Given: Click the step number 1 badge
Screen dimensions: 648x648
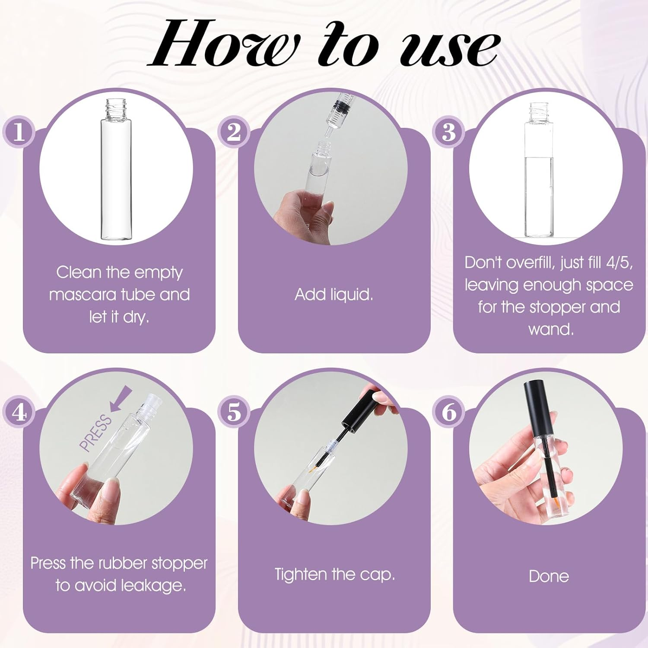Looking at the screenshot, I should (18, 132).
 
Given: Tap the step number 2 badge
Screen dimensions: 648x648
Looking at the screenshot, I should (233, 132).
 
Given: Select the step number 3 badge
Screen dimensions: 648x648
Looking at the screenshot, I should (449, 132).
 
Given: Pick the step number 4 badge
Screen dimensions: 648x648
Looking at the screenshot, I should (18, 413).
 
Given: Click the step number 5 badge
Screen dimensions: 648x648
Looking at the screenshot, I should (233, 413).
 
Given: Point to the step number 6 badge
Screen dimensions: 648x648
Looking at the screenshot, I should (449, 413).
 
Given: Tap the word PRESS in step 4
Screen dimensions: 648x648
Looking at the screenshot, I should (96, 432).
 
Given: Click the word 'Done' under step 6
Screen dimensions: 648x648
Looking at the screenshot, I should (549, 576).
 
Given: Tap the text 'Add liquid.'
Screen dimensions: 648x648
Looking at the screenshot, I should (334, 295).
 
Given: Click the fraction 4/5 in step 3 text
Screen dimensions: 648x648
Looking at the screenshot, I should (619, 263).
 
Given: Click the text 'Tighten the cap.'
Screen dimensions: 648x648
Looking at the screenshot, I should (335, 575).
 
